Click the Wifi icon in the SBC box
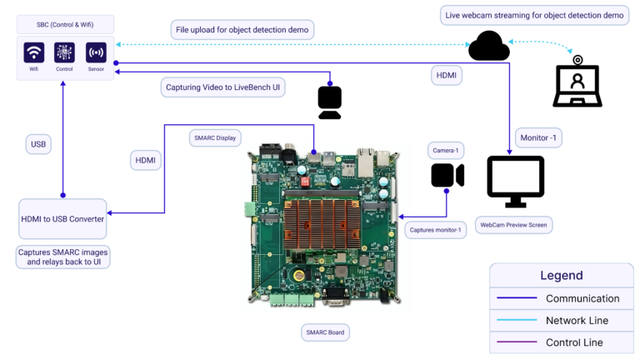[34, 52]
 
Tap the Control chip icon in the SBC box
[65, 52]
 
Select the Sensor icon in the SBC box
[96, 52]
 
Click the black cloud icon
[488, 46]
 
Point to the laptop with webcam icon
[577, 82]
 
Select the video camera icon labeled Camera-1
[447, 176]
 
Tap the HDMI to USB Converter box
[62, 218]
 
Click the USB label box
[38, 144]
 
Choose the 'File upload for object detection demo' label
[242, 31]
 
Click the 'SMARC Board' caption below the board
[325, 332]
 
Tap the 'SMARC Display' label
[215, 137]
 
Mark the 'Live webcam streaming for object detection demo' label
[533, 15]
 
